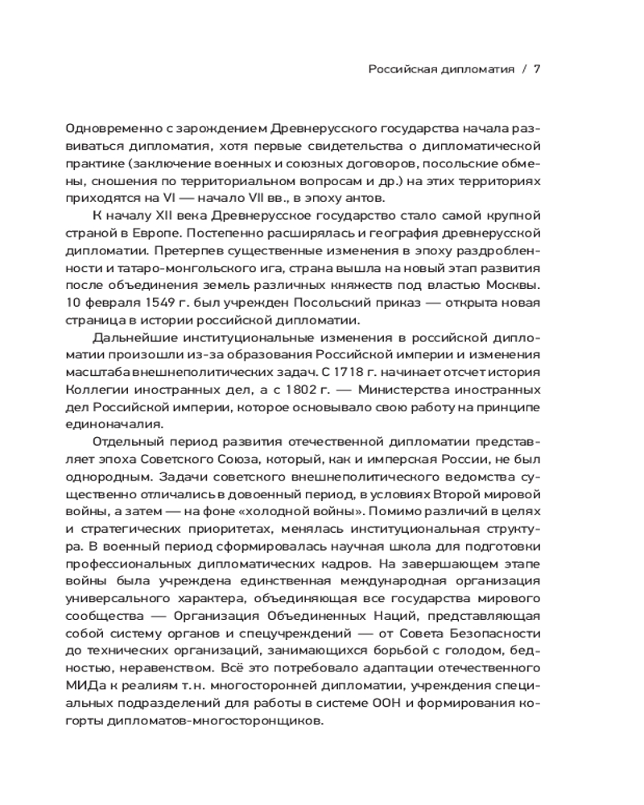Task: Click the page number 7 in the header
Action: [536, 69]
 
